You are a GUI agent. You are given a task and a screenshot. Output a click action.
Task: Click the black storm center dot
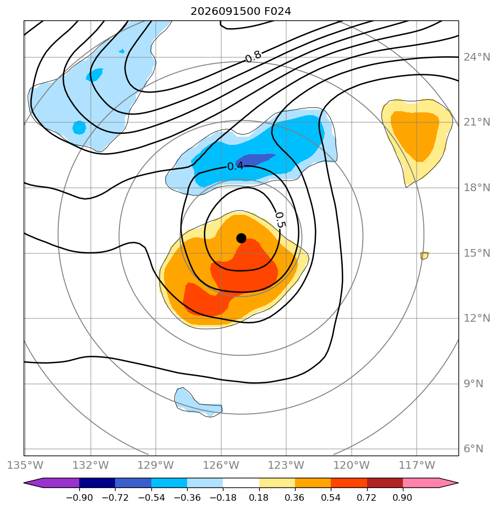[x=241, y=239]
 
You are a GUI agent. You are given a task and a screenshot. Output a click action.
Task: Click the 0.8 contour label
[x=253, y=57]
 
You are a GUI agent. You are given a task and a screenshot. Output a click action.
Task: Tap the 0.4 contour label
[x=235, y=166]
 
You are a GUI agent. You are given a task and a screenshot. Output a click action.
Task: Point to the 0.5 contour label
[x=280, y=220]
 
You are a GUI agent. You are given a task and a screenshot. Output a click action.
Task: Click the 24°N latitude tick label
[x=477, y=57]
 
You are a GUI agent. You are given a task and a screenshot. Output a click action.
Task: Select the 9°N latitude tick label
[x=473, y=384]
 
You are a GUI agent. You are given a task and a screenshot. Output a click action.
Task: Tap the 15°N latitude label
[x=477, y=253]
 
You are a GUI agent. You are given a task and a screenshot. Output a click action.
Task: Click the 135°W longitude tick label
[x=25, y=465]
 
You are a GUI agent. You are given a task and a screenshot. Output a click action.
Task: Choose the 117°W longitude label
[x=417, y=465]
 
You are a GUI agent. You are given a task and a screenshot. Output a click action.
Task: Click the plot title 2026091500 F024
[x=241, y=12]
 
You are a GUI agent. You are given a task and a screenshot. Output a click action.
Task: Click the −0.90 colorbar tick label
[x=79, y=497]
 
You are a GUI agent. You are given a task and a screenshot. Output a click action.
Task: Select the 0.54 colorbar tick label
[x=331, y=497]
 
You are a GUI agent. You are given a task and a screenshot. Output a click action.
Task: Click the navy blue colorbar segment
[x=97, y=483]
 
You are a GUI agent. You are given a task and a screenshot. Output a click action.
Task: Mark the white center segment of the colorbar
[x=241, y=483]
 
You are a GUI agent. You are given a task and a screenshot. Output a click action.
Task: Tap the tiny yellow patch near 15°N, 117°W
[x=425, y=255]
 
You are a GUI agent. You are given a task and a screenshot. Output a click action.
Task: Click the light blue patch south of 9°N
[x=197, y=403]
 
